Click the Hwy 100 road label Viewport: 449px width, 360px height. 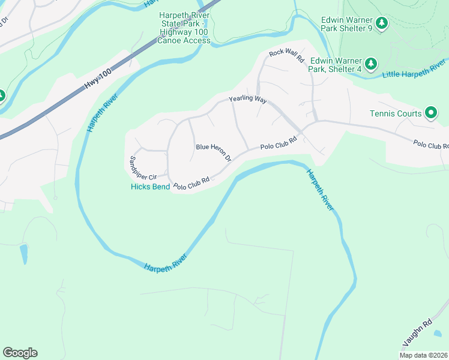click(98, 79)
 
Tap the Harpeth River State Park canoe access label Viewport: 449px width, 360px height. click(184, 28)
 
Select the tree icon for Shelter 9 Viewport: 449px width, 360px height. click(382, 24)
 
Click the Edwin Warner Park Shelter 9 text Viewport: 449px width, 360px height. click(347, 24)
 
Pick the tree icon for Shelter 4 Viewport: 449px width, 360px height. click(372, 63)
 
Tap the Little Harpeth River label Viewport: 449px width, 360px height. click(414, 69)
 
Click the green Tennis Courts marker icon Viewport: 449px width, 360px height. click(430, 112)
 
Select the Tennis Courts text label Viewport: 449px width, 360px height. click(396, 113)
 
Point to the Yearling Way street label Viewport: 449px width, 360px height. click(247, 100)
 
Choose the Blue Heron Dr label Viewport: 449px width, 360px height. click(214, 152)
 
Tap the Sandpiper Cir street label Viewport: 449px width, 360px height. click(143, 169)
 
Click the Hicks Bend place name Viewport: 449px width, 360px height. click(150, 187)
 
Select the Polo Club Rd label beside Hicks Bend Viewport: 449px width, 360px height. click(191, 184)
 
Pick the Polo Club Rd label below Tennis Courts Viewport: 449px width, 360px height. click(430, 145)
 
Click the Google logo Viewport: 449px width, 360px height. click(20, 353)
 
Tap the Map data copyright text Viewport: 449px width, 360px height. click(424, 355)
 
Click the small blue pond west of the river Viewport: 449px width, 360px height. click(23, 253)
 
